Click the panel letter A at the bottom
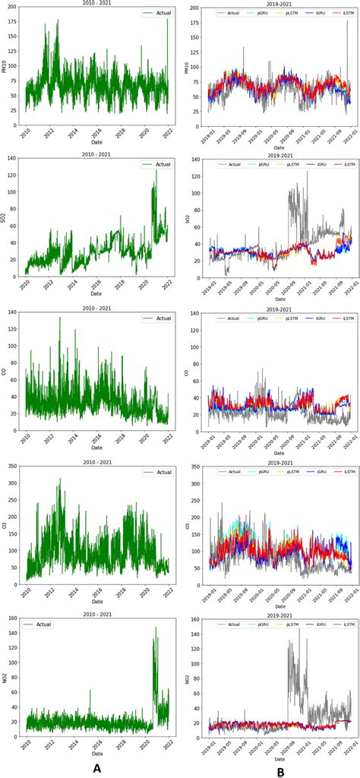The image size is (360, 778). click(x=96, y=768)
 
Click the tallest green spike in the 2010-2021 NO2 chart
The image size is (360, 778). click(x=156, y=628)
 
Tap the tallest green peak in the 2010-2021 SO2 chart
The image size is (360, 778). click(x=156, y=170)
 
